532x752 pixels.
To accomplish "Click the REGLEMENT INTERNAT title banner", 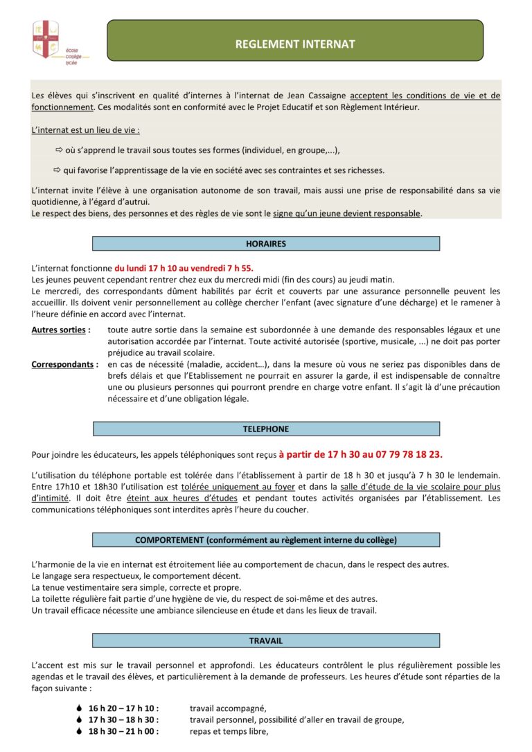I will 295,44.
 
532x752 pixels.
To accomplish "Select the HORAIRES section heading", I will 266,244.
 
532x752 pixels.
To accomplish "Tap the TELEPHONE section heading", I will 266,429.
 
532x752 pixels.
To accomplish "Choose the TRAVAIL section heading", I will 266,641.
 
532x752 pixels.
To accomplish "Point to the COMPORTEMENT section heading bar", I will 266,540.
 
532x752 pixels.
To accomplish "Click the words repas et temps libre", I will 229,731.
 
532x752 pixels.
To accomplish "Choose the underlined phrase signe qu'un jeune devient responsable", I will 346,213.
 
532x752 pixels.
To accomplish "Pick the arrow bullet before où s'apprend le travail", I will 59,150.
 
